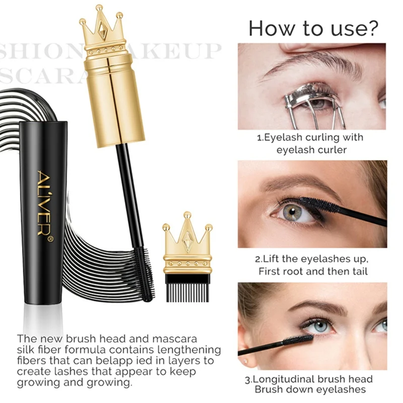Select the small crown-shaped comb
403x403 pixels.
tap(187, 256)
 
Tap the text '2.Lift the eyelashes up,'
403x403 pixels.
tap(312, 259)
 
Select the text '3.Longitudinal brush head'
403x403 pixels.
tap(313, 379)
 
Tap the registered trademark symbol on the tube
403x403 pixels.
tap(50, 235)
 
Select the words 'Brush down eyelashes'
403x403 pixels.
tap(313, 390)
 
